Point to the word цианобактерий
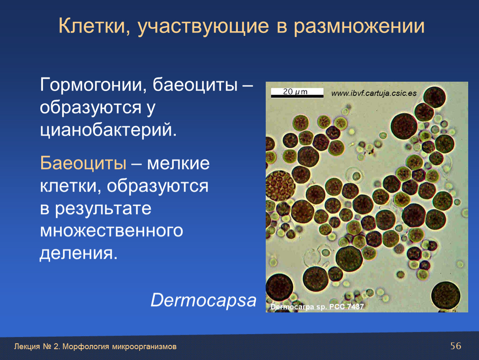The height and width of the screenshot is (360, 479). [x=108, y=130]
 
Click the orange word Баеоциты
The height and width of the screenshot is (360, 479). [x=83, y=163]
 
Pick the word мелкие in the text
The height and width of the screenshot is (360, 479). [x=178, y=163]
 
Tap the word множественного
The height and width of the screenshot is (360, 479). [x=112, y=230]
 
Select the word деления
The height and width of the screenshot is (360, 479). [x=78, y=253]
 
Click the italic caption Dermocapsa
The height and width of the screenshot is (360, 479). [x=203, y=300]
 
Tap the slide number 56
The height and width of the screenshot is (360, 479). [x=456, y=346]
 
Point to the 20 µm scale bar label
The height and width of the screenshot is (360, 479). [x=295, y=91]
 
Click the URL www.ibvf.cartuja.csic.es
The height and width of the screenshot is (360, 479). [x=374, y=93]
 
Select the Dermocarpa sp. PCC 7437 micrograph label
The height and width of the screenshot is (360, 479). [x=317, y=307]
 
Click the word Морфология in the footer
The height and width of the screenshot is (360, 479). [x=86, y=347]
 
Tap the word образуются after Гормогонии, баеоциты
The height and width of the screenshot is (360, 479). [x=90, y=107]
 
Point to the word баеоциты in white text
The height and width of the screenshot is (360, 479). [x=195, y=85]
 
